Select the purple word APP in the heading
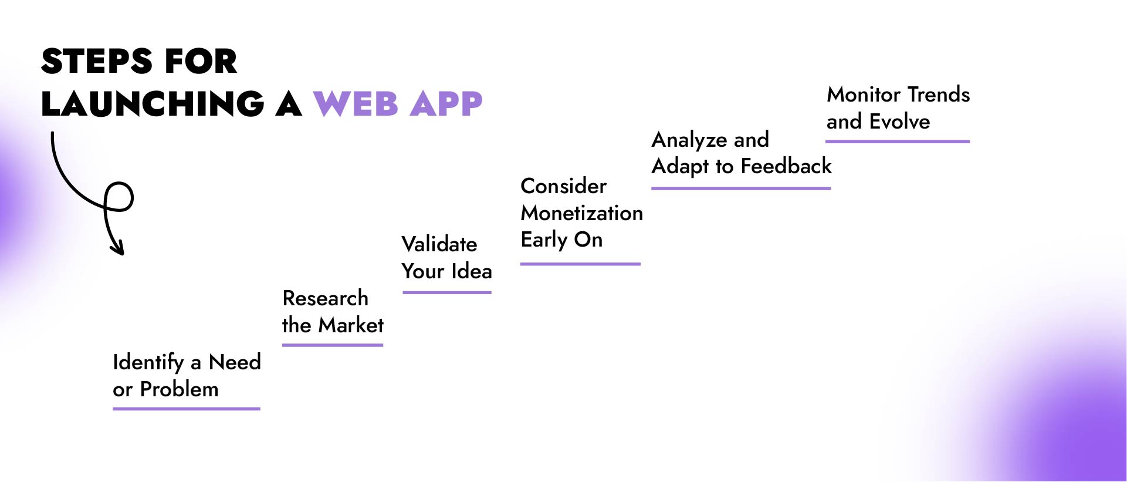coord(446,104)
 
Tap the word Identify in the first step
coord(148,363)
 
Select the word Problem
coord(179,389)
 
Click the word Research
coord(325,298)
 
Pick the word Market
coord(350,325)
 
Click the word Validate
coord(439,244)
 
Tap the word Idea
coord(472,271)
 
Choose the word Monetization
coord(581,213)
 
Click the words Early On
coord(561,240)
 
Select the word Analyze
coord(689,140)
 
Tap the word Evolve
coord(899,122)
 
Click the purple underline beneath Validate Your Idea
coord(446,292)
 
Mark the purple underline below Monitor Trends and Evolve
coord(897,141)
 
